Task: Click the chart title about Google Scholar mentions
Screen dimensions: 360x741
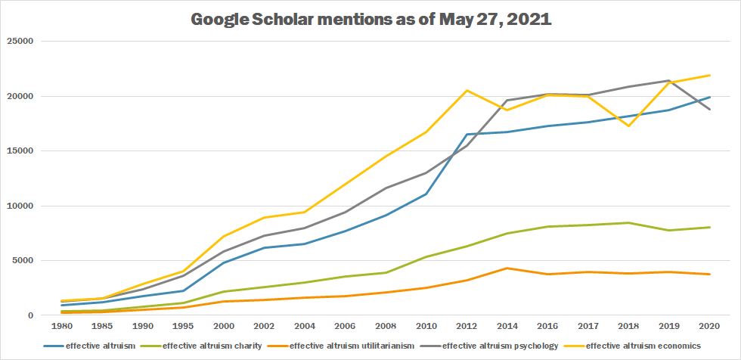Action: [x=370, y=19]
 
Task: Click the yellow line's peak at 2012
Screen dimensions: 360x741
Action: [x=467, y=91]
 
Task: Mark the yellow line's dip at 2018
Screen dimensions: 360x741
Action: [x=628, y=126]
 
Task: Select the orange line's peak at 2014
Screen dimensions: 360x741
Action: [x=507, y=268]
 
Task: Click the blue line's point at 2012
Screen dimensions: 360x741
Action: [x=467, y=135]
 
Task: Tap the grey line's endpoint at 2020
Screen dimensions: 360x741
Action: [x=708, y=110]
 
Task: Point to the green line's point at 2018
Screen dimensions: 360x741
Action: [x=628, y=222]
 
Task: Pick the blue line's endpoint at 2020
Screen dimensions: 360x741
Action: [x=708, y=97]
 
